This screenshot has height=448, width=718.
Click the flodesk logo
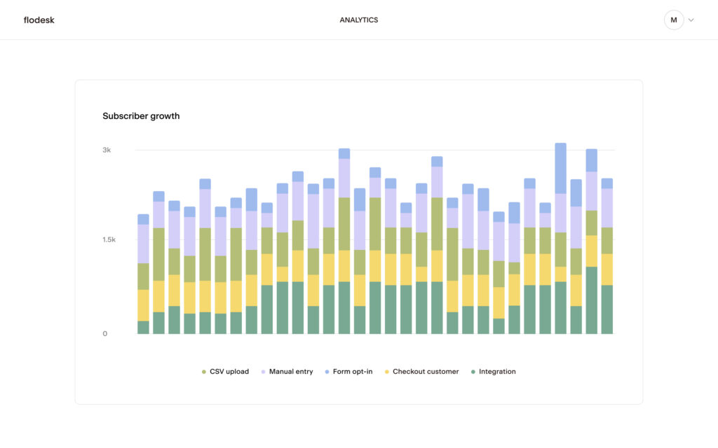click(39, 20)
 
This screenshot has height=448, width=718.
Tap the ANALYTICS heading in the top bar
click(358, 20)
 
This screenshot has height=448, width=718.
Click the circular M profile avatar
click(673, 20)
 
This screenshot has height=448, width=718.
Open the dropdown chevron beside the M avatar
click(691, 20)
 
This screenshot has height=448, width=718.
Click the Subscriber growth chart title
click(141, 116)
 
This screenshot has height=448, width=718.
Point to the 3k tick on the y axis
click(107, 150)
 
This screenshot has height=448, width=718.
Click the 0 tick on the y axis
click(105, 333)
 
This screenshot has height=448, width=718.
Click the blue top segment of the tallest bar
click(560, 168)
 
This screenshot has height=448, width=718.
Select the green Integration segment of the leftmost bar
click(143, 327)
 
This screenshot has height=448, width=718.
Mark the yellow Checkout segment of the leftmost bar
click(143, 304)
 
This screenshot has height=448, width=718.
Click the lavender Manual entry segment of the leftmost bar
click(143, 244)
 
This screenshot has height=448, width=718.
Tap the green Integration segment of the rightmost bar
click(607, 309)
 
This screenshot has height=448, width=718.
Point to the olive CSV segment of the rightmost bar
click(607, 240)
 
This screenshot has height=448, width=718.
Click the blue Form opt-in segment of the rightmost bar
click(607, 183)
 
